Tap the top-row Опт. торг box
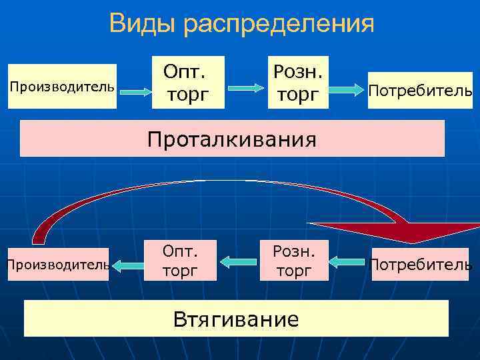coord(187,82)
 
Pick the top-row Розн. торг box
coord(299,82)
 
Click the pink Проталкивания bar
coord(232,139)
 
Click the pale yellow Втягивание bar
coord(236,318)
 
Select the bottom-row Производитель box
coord(57,264)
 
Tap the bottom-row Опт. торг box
coord(180,261)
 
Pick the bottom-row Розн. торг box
coord(294,261)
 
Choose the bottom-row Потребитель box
coord(420,264)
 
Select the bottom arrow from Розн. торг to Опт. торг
coord(238,262)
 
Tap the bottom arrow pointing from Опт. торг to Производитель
coord(126,265)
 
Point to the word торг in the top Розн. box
coord(299,95)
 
